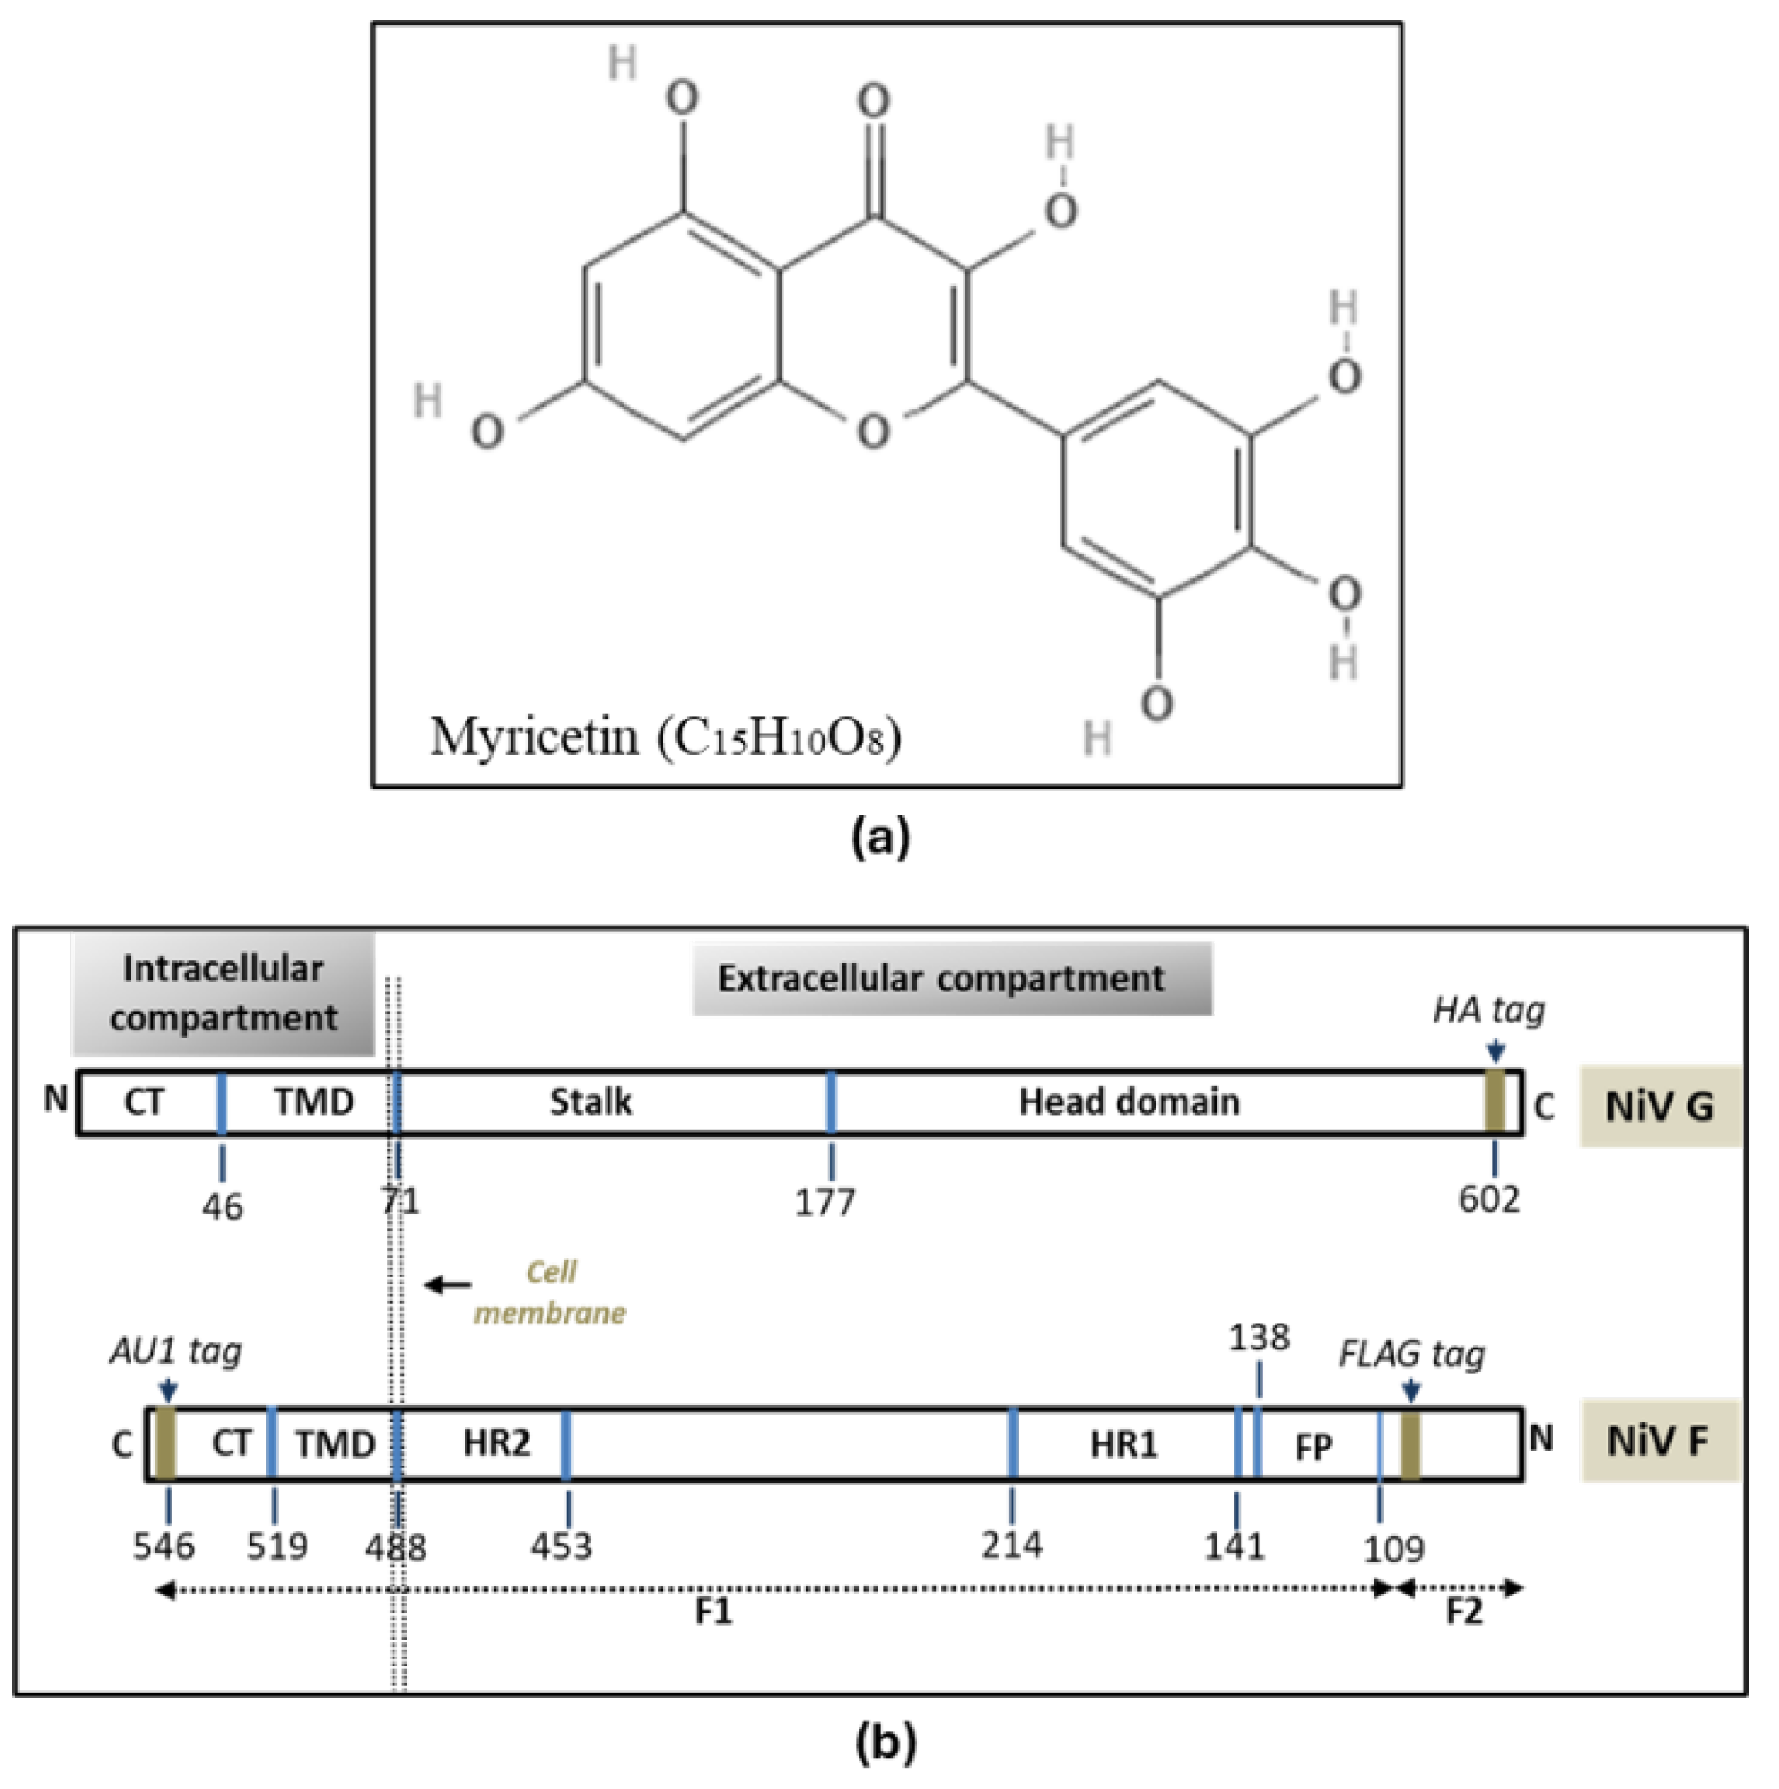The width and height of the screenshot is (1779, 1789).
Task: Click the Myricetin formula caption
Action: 666,738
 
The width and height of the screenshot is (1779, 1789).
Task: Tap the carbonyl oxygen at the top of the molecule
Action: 873,101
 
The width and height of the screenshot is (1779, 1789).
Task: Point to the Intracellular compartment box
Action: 223,994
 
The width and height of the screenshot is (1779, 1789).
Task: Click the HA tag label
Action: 1489,1009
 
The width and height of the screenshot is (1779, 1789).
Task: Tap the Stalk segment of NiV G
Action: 591,1102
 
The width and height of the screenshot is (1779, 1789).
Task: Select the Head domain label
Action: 1129,1102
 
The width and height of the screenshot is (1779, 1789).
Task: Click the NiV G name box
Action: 1658,1107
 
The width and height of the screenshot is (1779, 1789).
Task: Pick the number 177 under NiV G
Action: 825,1202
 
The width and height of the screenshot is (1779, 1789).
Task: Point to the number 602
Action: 1489,1200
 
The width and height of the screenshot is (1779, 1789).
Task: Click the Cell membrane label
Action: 550,1292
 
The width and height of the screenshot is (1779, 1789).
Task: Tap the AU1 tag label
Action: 176,1352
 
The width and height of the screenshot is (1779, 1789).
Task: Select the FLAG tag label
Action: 1412,1355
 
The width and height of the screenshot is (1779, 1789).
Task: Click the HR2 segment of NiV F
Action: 496,1443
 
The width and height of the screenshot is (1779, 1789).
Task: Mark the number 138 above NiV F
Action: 1259,1337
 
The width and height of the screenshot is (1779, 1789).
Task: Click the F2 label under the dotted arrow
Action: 1464,1612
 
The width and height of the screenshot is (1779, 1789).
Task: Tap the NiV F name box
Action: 1658,1442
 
